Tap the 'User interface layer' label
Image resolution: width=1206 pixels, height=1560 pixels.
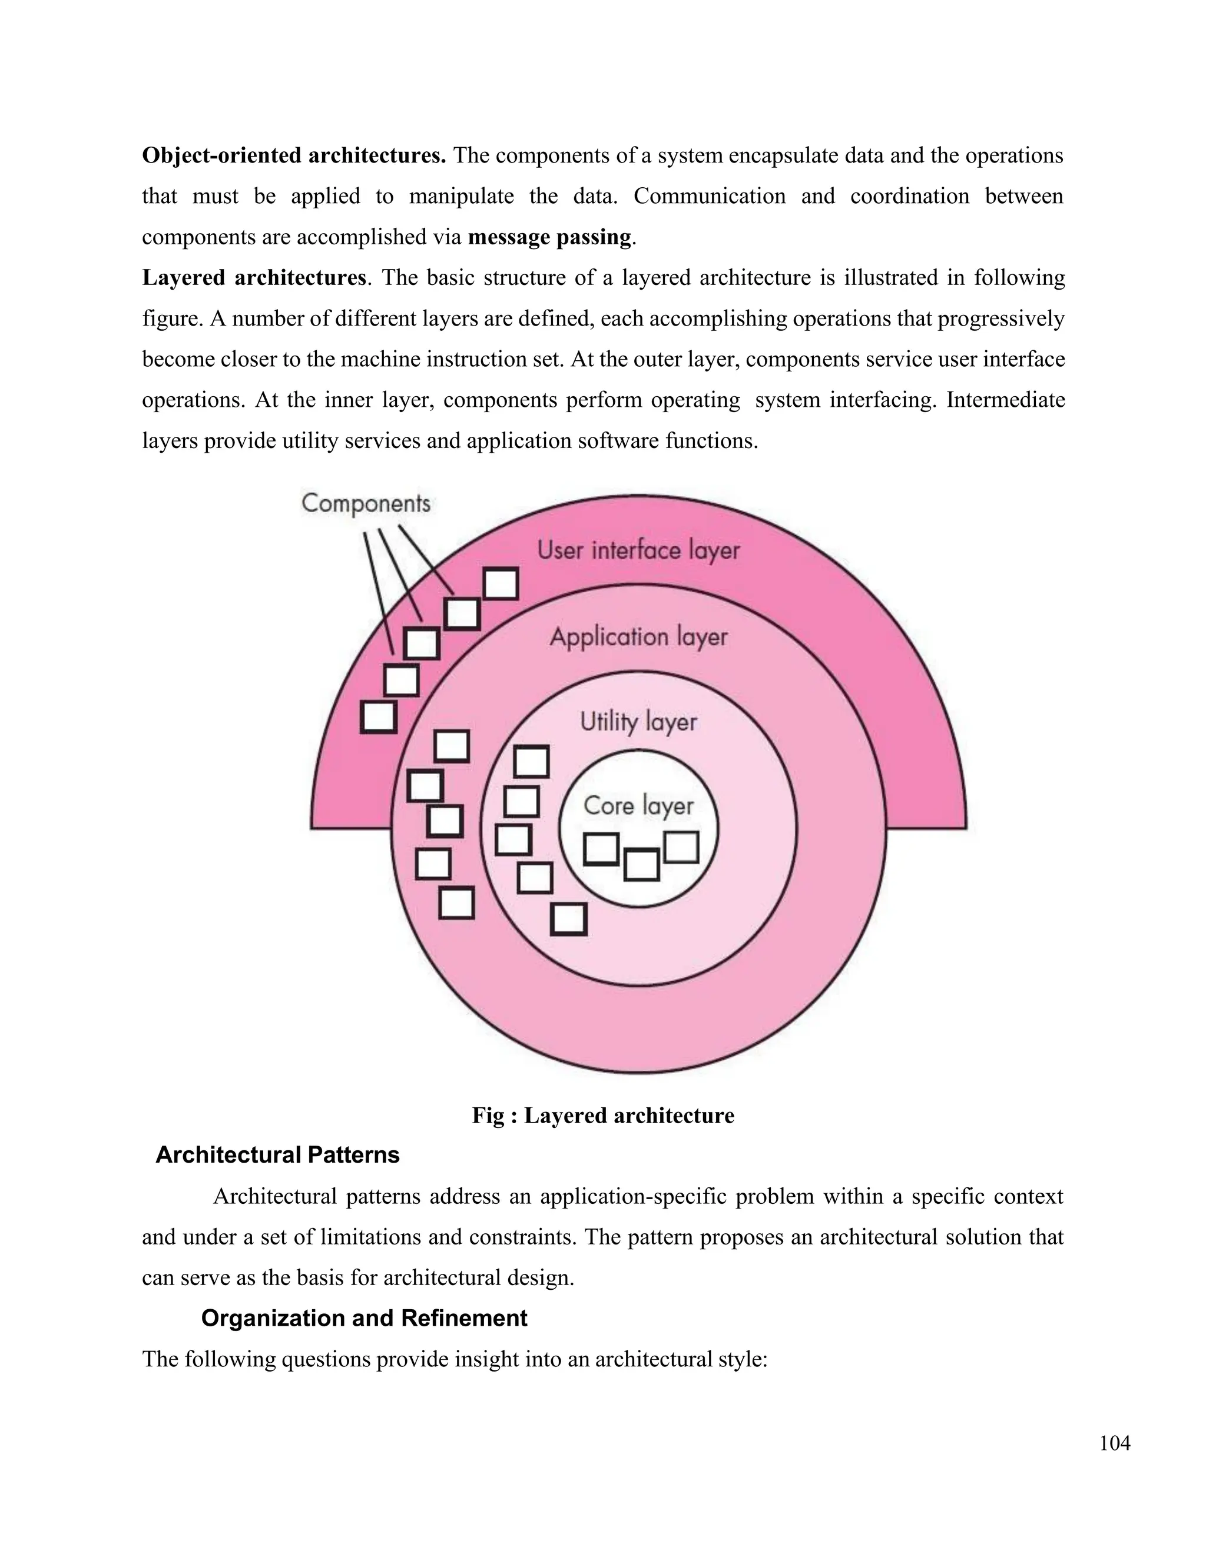(x=638, y=551)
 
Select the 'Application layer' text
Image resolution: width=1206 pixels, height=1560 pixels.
(x=638, y=637)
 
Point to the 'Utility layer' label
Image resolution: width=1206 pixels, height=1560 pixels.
(x=638, y=722)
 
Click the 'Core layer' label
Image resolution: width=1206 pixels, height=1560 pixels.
(x=638, y=806)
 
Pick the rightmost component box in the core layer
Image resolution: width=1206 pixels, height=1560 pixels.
(x=681, y=848)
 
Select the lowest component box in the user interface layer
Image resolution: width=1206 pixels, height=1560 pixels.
(x=378, y=716)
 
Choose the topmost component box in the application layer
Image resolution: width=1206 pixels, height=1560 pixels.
(x=452, y=746)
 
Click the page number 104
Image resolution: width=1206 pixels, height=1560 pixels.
(x=1115, y=1443)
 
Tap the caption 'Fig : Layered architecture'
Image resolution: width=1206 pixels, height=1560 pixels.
(x=602, y=1116)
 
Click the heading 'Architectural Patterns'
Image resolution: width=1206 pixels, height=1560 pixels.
(x=277, y=1155)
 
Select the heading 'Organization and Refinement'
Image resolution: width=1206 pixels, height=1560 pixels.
(x=364, y=1318)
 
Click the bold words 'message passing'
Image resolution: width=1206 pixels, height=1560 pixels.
(x=549, y=237)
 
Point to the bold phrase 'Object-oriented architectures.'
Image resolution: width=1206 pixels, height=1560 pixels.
(x=294, y=156)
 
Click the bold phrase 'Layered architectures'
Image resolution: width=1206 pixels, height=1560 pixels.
(x=254, y=278)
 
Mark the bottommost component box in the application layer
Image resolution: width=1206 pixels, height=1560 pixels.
(x=456, y=903)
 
